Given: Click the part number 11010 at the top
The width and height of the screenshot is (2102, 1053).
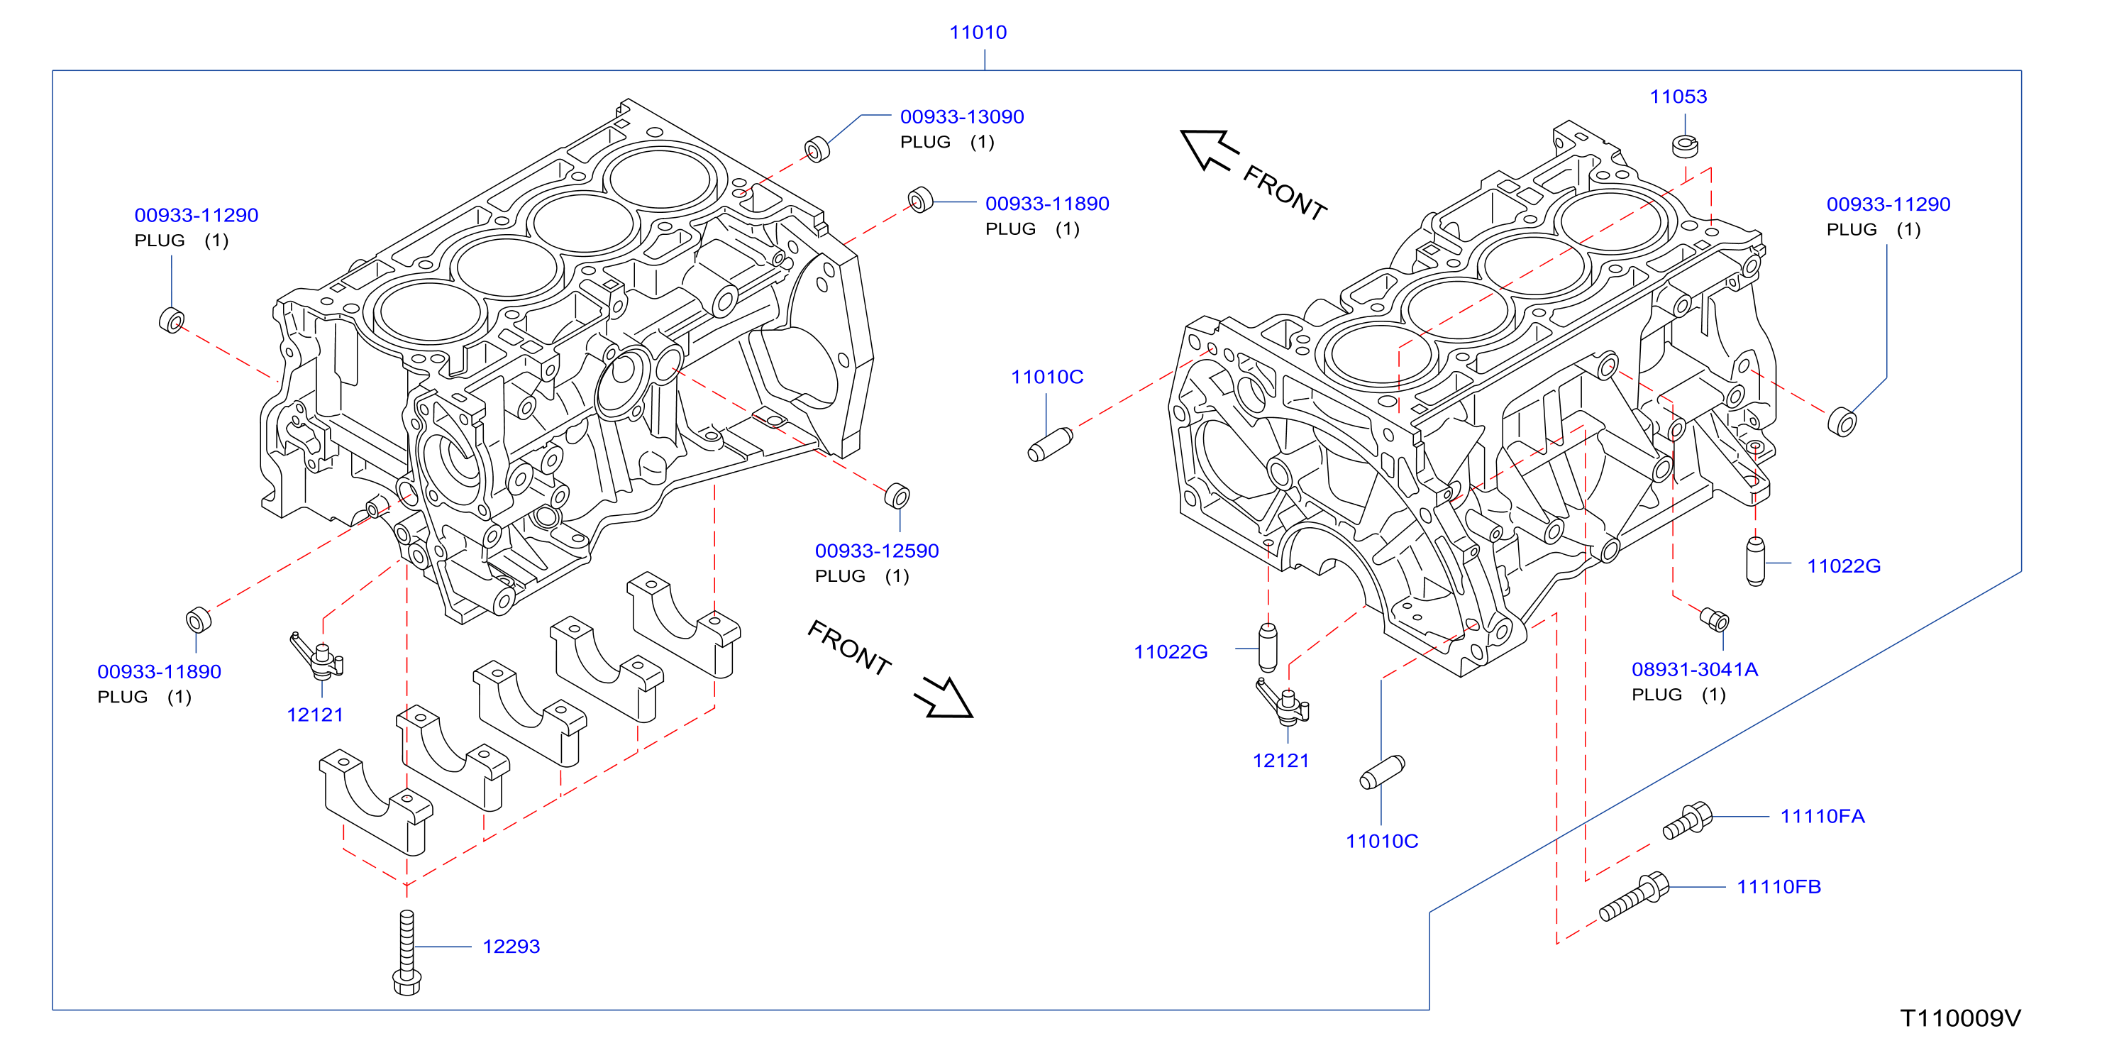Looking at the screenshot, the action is pos(978,32).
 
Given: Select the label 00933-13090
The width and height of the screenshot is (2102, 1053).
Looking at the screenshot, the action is pos(962,117).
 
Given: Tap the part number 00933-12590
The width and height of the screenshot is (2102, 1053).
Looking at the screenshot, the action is pos(878,551).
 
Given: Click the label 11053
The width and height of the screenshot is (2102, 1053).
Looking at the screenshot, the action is pos(1678,97).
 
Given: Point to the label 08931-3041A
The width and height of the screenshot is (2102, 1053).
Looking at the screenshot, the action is pos(1695,669).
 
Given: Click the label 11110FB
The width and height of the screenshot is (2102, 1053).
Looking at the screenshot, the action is pos(1779,886).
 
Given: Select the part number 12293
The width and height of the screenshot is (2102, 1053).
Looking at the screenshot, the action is pos(511,947).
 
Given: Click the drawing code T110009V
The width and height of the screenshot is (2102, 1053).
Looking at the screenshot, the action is pos(1961,1018).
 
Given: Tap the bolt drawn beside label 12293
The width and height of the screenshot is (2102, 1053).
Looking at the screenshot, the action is pos(406,953).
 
